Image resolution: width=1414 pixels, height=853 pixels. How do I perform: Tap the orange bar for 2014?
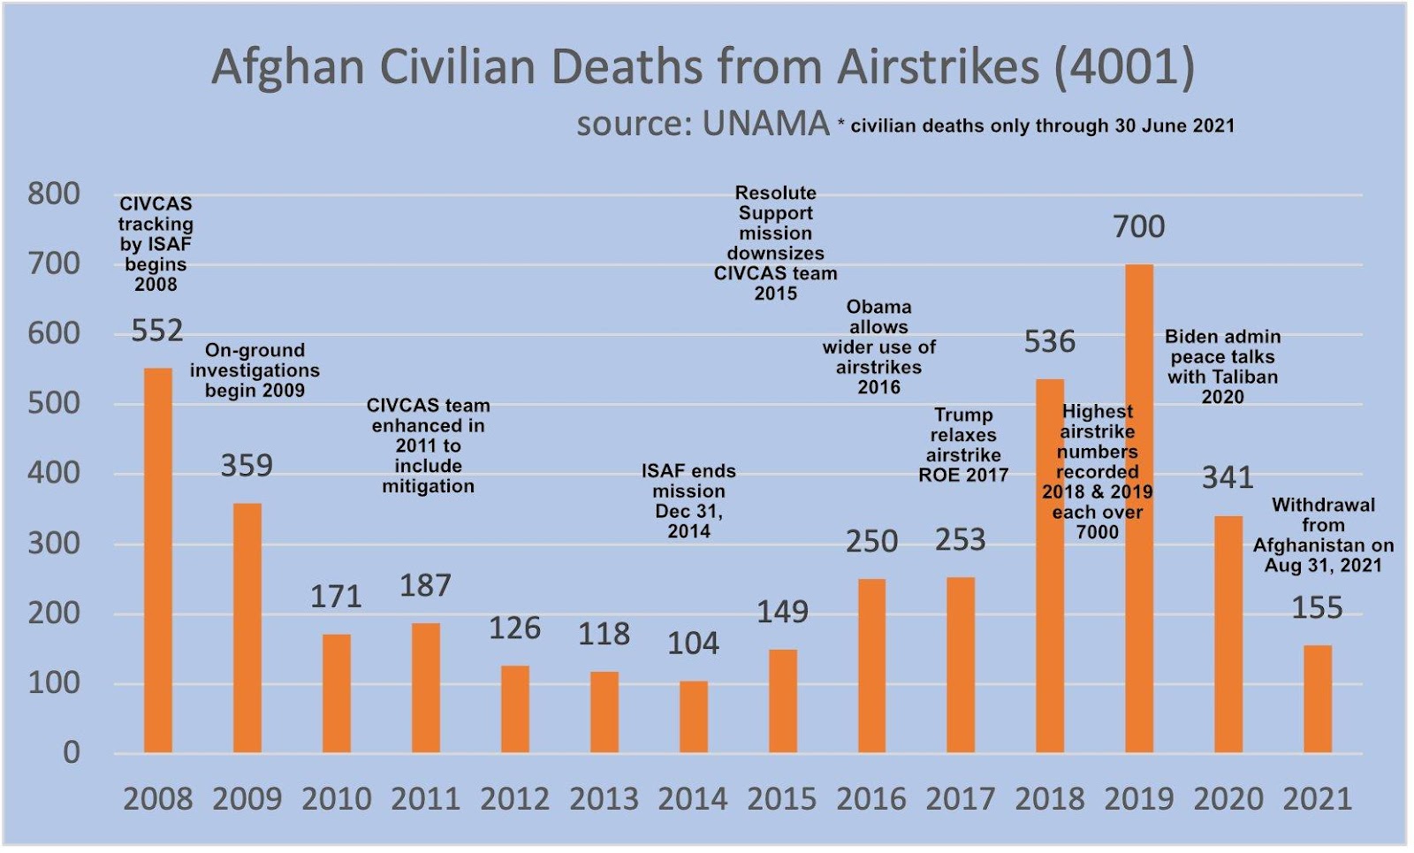coord(694,717)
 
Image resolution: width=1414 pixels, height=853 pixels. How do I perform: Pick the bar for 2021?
coord(1317,699)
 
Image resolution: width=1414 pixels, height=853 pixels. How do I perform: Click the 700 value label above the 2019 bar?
coord(1138,227)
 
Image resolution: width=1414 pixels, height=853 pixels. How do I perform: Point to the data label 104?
coord(693,644)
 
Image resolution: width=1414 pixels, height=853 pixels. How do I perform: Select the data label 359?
coord(247,466)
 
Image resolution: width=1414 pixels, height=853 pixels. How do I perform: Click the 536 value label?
coord(1050,342)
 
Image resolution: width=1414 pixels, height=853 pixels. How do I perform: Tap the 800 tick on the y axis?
coord(54,194)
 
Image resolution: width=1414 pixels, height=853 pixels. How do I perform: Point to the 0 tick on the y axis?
coord(72,753)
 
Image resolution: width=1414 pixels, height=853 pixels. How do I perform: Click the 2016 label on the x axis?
coord(871,799)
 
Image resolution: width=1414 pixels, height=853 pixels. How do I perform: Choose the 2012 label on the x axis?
coord(514,799)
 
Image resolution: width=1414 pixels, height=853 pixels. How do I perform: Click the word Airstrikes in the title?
coord(938,67)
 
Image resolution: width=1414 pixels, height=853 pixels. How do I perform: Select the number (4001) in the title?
coord(1124,67)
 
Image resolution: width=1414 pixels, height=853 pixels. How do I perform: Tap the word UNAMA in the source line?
coord(765,124)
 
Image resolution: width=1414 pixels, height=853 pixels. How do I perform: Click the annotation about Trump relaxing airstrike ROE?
coord(963,445)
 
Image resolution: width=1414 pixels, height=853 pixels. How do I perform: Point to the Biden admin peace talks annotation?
coord(1222,366)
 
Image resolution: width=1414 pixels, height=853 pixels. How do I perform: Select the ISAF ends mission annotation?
coord(688,500)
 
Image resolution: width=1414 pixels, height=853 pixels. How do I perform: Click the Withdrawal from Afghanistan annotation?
coord(1323,535)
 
